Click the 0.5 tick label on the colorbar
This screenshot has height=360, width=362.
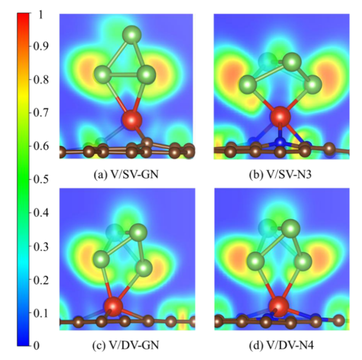click(42, 179)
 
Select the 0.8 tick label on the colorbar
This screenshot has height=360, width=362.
click(42, 80)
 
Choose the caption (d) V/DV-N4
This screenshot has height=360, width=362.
click(279, 346)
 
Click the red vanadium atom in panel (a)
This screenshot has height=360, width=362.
click(132, 120)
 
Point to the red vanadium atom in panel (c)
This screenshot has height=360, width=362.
click(113, 306)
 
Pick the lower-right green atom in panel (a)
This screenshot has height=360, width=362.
click(147, 75)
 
